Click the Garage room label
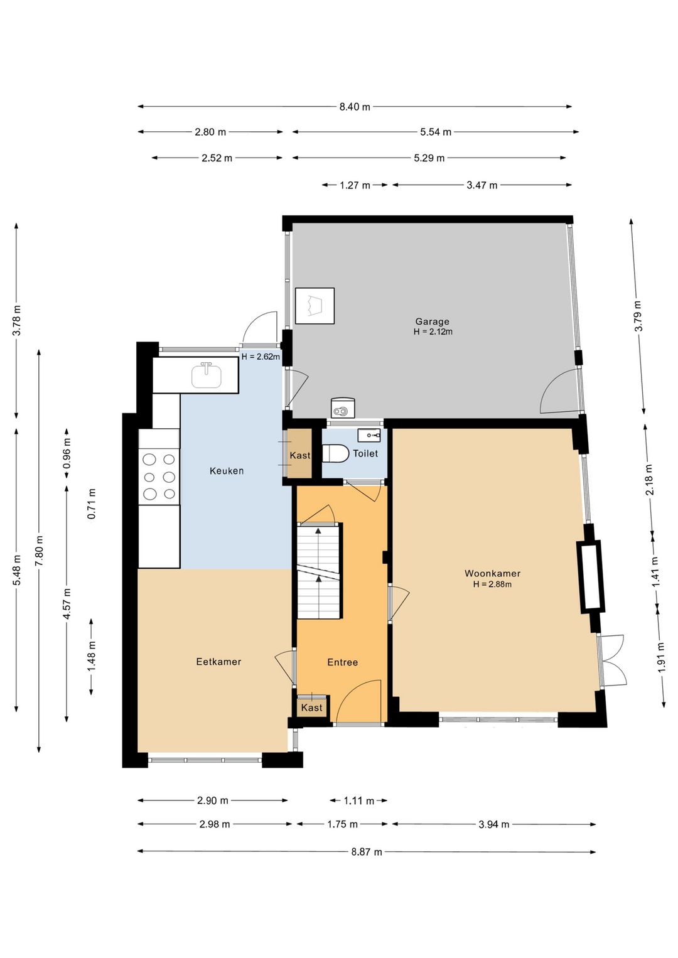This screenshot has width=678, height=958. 432,321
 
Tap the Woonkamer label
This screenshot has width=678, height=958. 492,573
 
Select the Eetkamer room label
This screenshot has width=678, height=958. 218,662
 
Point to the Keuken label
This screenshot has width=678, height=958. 226,471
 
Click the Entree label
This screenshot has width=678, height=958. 342,662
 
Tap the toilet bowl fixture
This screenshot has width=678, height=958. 335,453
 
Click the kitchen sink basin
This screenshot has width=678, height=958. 206,375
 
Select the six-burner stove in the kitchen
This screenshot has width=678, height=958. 159,476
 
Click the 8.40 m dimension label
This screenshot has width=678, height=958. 355,107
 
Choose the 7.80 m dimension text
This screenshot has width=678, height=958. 39,551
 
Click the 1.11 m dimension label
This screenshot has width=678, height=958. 359,800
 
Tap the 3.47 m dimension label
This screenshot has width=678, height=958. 482,185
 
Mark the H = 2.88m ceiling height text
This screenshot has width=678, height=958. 492,584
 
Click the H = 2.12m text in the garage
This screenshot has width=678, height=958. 433,331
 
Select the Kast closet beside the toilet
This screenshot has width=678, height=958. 300,455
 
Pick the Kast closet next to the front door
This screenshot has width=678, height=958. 311,708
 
